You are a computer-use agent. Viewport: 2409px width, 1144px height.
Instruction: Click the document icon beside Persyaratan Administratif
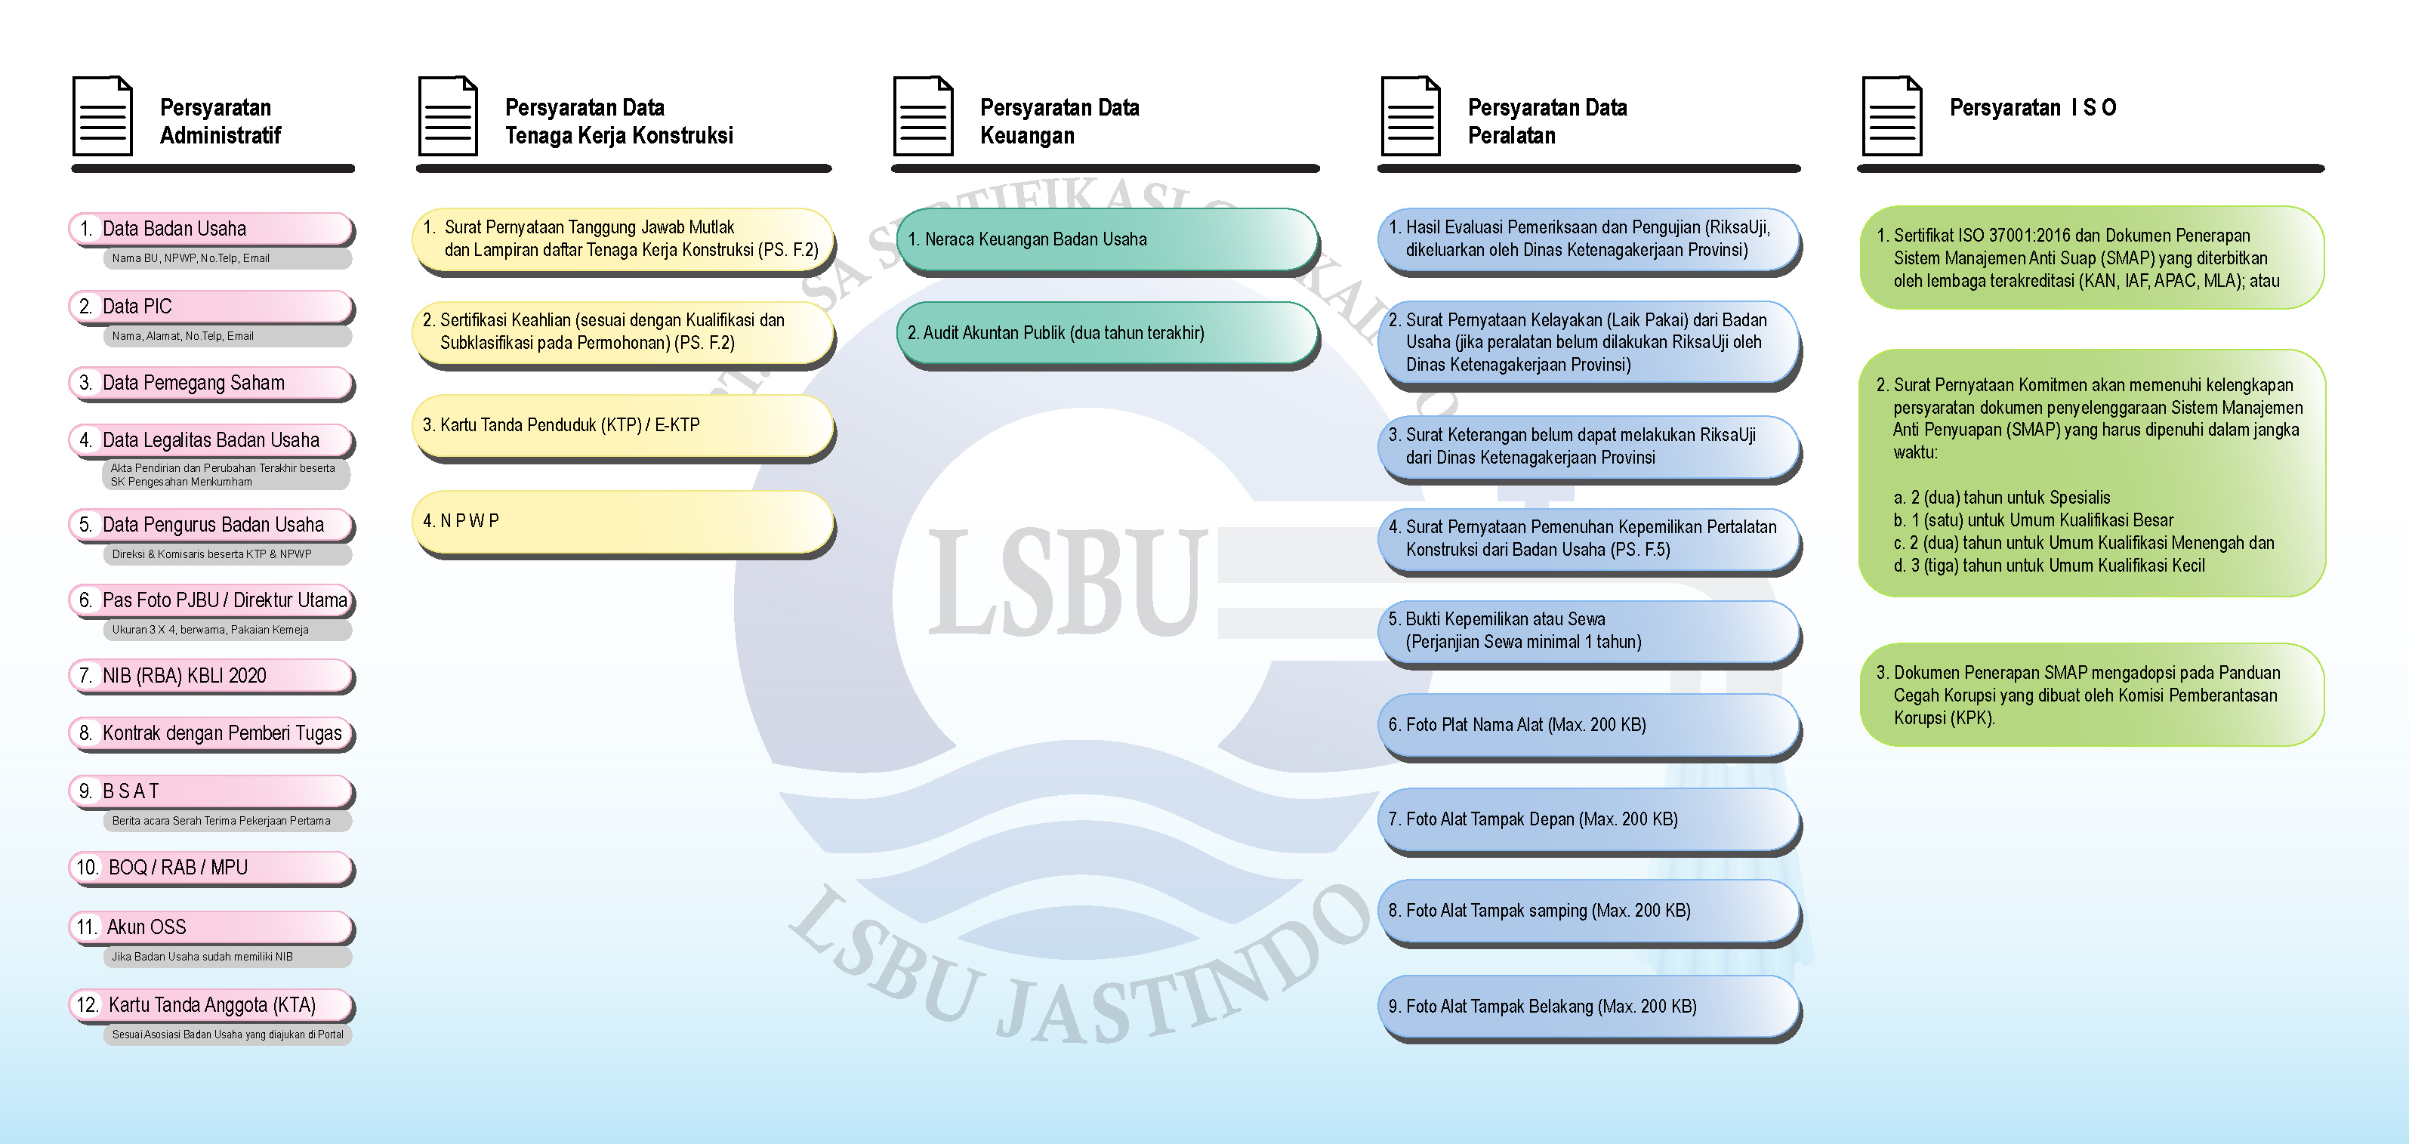point(102,116)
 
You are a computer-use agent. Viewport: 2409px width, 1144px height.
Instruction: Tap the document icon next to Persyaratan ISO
point(1891,116)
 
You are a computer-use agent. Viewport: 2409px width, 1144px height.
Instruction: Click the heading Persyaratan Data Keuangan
point(1059,122)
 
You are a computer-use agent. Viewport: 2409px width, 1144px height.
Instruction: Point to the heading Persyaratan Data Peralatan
point(1547,122)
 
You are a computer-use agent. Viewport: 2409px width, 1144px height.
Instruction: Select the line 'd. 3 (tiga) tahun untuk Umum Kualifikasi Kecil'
point(2048,566)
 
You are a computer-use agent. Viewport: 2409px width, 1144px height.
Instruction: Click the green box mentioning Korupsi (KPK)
point(2091,695)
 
